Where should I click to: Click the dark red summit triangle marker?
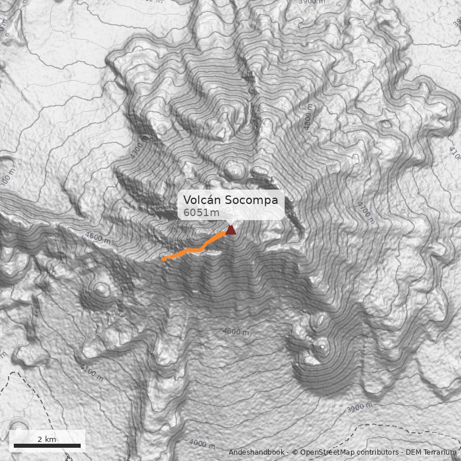(231, 231)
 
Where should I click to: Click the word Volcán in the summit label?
(202, 200)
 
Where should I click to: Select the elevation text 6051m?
(202, 213)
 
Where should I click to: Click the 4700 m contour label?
(365, 213)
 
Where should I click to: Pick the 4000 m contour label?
(202, 444)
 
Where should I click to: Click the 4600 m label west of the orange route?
(96, 237)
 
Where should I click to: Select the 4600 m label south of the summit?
(236, 331)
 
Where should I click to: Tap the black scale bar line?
(47, 445)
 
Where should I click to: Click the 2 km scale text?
(47, 439)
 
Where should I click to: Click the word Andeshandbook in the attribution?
(256, 452)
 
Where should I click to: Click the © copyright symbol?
(295, 452)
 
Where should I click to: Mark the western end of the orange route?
(163, 260)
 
